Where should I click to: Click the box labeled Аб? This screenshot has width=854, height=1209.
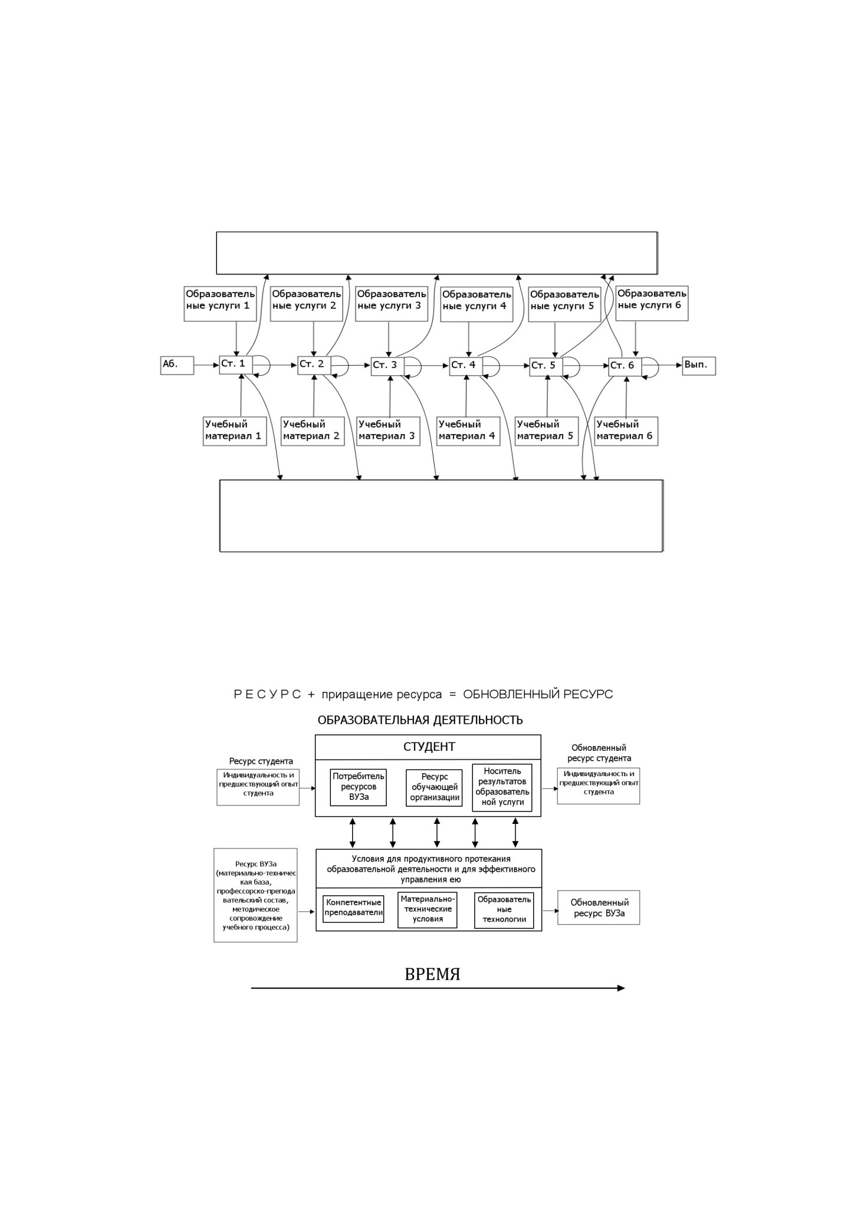(x=177, y=365)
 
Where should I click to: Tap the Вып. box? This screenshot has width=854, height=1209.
(x=699, y=365)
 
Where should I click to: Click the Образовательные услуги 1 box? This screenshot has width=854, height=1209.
(x=220, y=303)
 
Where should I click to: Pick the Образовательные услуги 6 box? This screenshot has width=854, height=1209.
(x=652, y=303)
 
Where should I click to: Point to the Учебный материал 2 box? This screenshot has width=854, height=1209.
(x=313, y=431)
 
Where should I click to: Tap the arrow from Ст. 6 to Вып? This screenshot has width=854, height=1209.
(x=671, y=366)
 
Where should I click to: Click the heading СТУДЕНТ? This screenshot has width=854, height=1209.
(x=429, y=747)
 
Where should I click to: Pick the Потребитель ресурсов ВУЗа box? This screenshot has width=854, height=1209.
(x=359, y=787)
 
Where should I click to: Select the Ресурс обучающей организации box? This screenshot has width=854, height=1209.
(x=435, y=787)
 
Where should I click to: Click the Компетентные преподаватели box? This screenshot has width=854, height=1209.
(x=353, y=909)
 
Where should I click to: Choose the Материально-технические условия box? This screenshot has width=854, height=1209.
(x=428, y=910)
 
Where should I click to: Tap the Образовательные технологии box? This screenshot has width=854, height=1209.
(x=504, y=910)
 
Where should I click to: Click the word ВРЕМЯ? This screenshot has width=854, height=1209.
(x=432, y=974)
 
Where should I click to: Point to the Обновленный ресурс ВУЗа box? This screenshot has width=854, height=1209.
(x=599, y=908)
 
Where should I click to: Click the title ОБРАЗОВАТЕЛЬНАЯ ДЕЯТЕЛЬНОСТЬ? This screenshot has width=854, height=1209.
(x=420, y=720)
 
